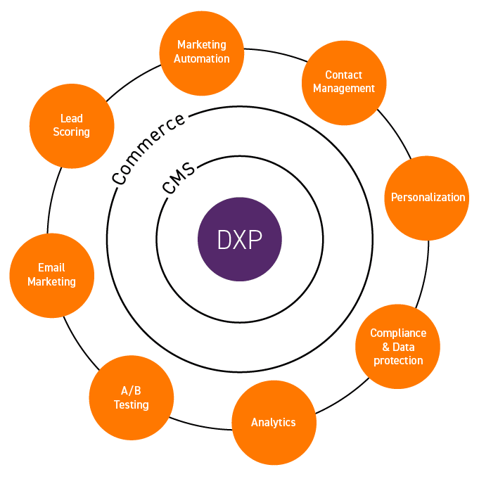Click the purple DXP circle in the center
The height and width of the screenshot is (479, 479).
[240, 239]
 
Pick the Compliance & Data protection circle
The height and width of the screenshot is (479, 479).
[398, 346]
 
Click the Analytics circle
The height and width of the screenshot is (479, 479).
[274, 422]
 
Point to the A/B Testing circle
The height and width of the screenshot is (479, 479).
[132, 397]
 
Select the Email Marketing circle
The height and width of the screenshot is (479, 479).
[51, 274]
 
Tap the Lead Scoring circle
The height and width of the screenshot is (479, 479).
[71, 125]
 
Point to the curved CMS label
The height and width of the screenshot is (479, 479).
[179, 179]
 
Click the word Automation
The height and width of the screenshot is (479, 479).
[202, 59]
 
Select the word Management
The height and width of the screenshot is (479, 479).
[344, 89]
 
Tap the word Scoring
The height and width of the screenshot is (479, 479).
[71, 132]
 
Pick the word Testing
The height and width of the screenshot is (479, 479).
[132, 405]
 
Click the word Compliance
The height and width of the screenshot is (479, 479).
[398, 333]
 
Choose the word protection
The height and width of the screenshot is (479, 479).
[398, 360]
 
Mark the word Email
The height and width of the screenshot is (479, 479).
[51, 267]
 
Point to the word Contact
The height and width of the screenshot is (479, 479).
[344, 75]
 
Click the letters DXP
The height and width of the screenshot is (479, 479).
[240, 239]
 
